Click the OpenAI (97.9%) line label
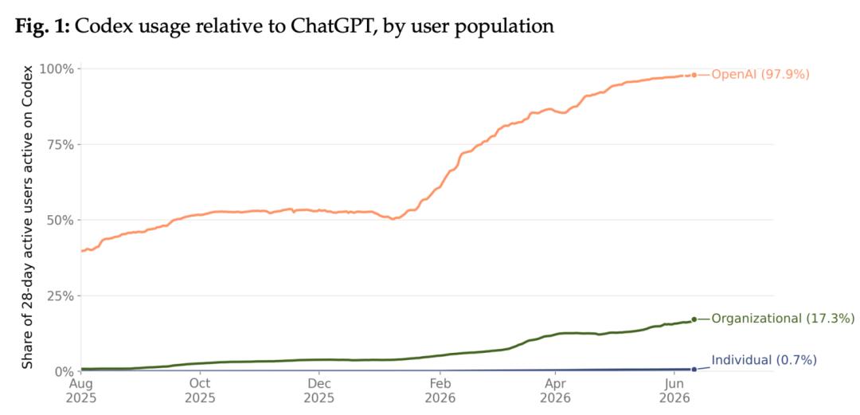pos(760,75)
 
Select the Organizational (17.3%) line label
pos(783,319)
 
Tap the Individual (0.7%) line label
pos(764,361)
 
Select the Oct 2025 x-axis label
pos(201,390)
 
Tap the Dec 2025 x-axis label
pos(320,390)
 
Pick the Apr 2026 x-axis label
pos(556,390)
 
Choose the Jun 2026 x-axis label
pos(674,390)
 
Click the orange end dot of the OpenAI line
pos(694,75)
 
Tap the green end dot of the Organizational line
pos(694,319)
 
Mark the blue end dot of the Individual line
pos(694,370)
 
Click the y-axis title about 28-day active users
pos(28,217)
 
